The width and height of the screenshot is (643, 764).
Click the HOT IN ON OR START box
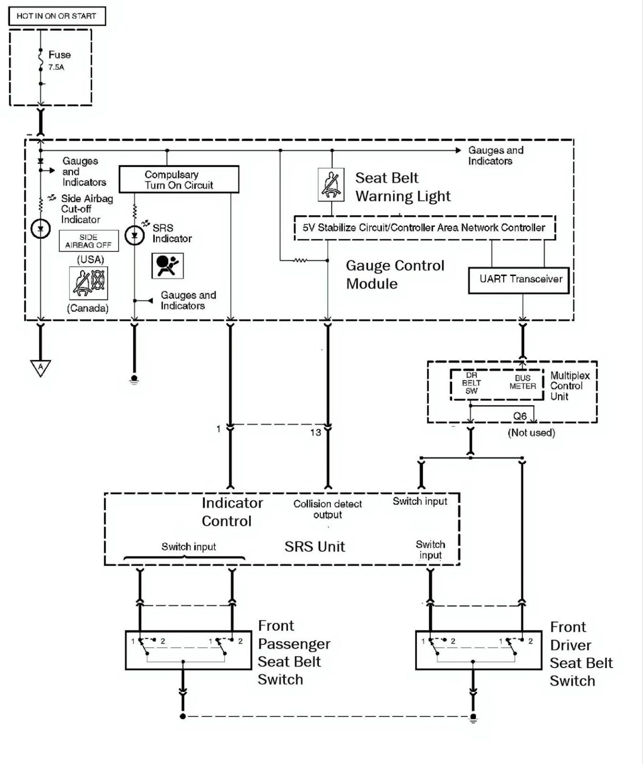coord(57,16)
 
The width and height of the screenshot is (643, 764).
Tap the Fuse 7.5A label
coord(59,60)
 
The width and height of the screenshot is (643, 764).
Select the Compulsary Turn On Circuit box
coord(179,180)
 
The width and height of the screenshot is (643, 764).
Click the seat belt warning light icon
coord(331,185)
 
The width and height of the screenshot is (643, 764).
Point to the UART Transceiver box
coord(519,280)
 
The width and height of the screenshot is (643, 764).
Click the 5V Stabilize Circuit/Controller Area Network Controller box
coord(424,228)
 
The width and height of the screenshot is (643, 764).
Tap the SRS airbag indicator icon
coord(167,266)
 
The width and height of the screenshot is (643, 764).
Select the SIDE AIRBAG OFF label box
coord(89,241)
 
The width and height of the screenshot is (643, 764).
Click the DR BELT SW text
coord(471,383)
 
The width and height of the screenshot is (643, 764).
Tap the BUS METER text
coord(523,382)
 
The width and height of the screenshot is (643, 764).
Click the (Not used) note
coord(531,433)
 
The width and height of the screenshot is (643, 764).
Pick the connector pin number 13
coord(315,433)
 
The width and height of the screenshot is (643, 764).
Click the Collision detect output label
coord(328,509)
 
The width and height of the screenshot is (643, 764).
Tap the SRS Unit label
coord(314,547)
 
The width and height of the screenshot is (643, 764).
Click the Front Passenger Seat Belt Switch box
coord(188,651)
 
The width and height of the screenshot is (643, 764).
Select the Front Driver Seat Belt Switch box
coord(478,651)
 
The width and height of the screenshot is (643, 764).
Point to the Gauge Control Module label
coord(395,275)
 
